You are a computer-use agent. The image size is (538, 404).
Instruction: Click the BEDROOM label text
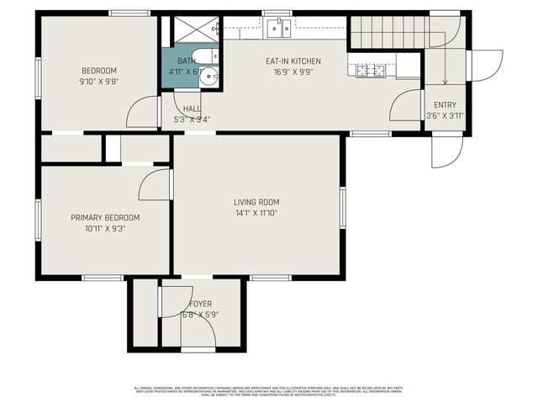(98, 70)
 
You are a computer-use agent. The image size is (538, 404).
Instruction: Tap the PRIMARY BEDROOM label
(105, 217)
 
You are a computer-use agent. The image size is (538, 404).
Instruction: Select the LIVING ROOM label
(256, 202)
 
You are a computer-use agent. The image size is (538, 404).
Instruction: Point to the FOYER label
(200, 304)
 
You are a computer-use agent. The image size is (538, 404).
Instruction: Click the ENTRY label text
(445, 104)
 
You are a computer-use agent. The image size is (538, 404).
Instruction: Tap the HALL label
(192, 109)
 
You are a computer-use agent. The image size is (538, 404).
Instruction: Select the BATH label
(186, 61)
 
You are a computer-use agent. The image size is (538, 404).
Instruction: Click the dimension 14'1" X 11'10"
(256, 213)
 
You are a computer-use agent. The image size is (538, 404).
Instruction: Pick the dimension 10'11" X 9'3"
(105, 228)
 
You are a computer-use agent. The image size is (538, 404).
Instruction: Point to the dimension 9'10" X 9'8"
(98, 81)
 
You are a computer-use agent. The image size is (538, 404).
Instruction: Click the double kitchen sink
(278, 29)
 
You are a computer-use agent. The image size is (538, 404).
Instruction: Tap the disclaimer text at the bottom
(269, 391)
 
